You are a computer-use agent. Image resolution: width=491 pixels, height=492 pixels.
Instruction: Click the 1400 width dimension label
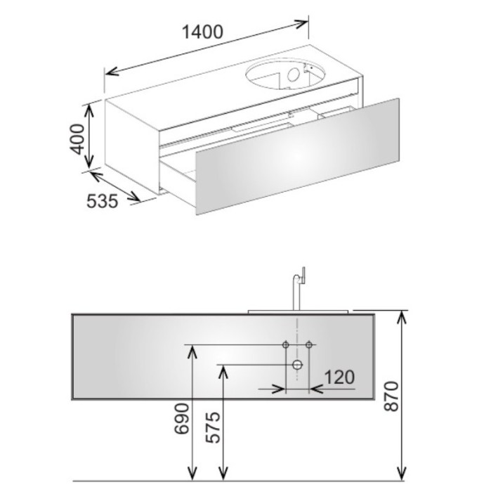(x=202, y=32)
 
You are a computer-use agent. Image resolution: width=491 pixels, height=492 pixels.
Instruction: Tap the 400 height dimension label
(x=77, y=139)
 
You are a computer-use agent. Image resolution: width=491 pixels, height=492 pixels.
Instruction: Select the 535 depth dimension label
(x=103, y=201)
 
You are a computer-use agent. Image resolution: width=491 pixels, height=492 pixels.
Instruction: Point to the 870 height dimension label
(x=391, y=396)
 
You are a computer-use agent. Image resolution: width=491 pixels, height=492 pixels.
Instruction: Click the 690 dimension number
(x=182, y=419)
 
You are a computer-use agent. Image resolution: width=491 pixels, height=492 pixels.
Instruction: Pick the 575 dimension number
(x=213, y=427)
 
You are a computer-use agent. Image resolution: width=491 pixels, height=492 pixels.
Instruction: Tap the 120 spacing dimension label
(x=339, y=377)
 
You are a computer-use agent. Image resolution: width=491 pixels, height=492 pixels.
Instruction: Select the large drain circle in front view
(x=297, y=365)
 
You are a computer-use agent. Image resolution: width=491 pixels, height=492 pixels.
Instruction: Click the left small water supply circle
(x=286, y=345)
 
